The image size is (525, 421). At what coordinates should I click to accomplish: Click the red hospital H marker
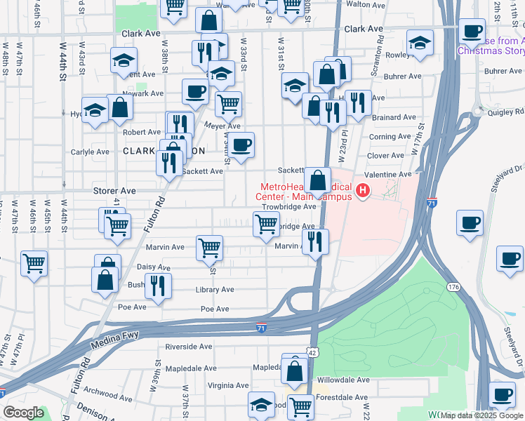(363, 190)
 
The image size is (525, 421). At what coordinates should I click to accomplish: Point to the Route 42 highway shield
(312, 352)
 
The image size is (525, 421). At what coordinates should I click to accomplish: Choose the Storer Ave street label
(114, 191)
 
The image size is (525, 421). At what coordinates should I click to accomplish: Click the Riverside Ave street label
(188, 347)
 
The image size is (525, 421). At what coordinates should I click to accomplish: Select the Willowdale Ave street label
(343, 380)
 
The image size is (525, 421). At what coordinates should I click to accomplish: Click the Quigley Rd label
(509, 111)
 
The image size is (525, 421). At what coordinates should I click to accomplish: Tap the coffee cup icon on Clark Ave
(472, 31)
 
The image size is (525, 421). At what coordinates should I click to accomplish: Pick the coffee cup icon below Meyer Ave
(241, 145)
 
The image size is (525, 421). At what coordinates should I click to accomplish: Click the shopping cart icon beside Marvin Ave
(209, 247)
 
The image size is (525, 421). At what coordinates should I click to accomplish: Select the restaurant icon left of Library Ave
(157, 285)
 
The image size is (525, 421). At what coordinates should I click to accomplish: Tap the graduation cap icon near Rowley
(420, 44)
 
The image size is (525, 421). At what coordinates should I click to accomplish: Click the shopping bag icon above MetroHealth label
(317, 180)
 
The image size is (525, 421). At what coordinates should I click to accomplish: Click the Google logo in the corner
(23, 413)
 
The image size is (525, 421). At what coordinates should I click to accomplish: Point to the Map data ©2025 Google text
(481, 415)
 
